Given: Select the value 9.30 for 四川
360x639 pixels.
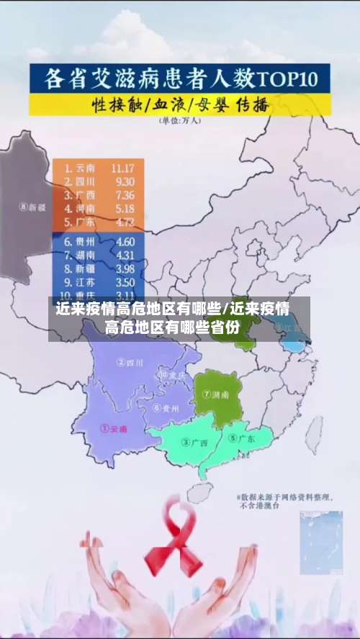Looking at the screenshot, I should (x=124, y=181).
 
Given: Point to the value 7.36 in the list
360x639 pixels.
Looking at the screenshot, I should (x=124, y=195).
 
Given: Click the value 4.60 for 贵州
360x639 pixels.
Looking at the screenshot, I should (x=125, y=242).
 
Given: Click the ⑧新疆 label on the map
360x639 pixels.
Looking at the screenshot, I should (x=33, y=207).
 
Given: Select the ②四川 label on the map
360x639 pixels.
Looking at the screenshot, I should (x=130, y=363).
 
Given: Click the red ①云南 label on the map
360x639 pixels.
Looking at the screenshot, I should (x=114, y=428).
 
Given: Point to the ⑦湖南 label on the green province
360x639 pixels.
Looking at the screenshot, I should (x=215, y=394).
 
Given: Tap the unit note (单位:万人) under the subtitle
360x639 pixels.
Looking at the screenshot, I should (x=180, y=120).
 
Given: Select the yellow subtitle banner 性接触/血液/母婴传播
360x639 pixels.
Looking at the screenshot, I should (x=180, y=104).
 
